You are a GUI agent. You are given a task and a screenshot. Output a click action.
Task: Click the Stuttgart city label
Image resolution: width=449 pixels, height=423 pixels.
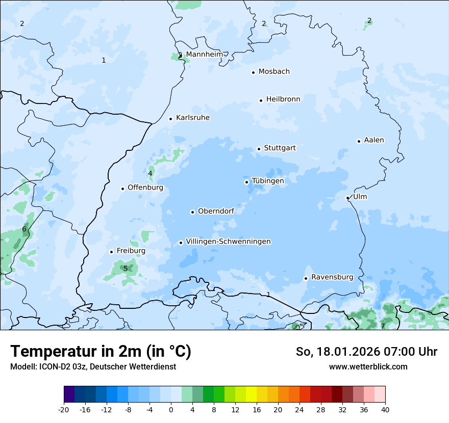(280, 148)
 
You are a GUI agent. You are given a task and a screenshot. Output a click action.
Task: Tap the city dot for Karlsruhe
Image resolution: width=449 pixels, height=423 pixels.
(171, 119)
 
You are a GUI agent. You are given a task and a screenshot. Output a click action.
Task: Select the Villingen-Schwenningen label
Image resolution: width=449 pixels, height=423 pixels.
(228, 242)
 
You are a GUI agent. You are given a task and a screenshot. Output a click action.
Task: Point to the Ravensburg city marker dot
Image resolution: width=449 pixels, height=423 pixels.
(306, 278)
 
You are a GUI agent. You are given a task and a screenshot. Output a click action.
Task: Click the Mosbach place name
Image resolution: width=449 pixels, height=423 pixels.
(274, 72)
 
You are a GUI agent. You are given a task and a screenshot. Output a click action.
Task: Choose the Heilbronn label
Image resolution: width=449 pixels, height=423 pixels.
(283, 99)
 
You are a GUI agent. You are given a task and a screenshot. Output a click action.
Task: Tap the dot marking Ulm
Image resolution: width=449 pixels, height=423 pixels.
(347, 198)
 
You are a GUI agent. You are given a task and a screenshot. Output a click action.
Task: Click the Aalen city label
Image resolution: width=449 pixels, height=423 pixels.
(374, 140)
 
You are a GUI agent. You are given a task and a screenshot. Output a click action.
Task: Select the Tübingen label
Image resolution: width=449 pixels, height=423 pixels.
(268, 181)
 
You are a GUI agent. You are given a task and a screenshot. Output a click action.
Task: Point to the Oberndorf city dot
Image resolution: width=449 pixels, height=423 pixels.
(192, 212)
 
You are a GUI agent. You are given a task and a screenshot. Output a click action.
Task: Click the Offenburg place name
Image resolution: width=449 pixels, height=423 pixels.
(145, 188)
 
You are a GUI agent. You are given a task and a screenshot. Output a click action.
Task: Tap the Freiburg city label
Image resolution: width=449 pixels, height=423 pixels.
(131, 251)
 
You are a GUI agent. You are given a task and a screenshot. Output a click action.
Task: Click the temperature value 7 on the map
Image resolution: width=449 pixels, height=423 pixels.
(383, 326)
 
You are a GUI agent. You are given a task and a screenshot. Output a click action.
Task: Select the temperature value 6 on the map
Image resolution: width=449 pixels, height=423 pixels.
(24, 229)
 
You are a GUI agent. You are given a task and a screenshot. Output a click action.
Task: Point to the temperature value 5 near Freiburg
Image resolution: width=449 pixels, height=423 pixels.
(126, 269)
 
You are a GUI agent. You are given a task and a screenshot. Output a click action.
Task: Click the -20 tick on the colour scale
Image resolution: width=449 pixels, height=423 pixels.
(64, 409)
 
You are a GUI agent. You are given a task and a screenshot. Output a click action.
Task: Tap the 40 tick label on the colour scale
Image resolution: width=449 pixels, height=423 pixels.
(385, 409)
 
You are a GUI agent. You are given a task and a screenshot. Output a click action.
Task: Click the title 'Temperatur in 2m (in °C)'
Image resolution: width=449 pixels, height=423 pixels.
(101, 352)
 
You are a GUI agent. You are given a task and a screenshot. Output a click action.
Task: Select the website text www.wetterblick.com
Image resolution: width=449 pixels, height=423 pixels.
(368, 366)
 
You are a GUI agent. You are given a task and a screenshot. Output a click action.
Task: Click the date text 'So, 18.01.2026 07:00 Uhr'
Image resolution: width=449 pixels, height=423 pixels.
(366, 352)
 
